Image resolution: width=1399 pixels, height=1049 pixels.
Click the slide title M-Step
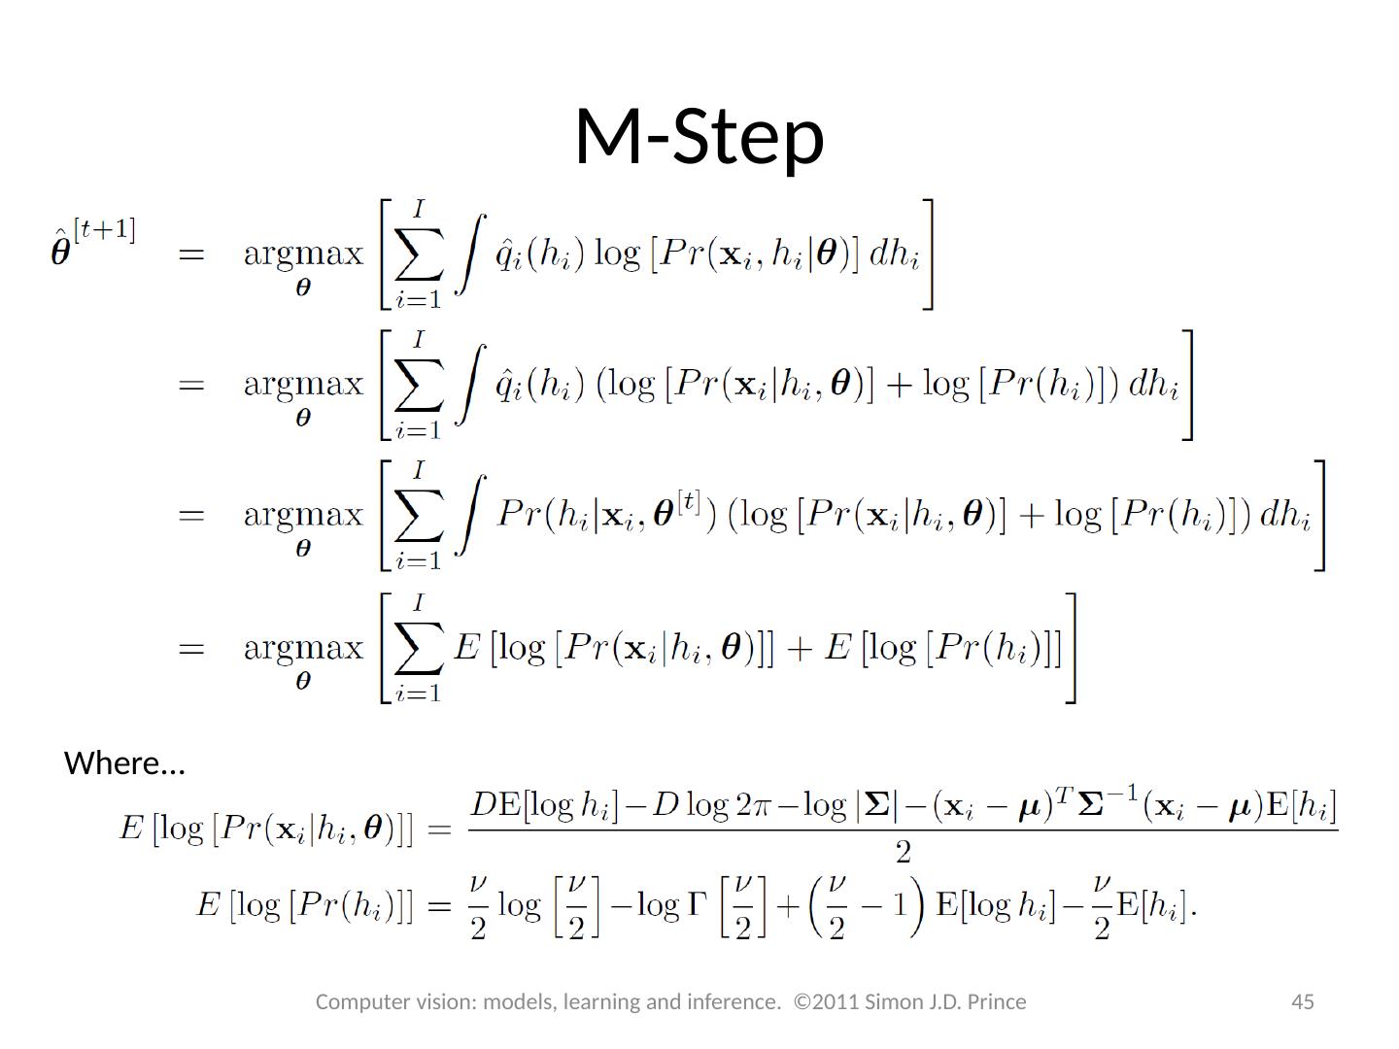pyautogui.click(x=699, y=136)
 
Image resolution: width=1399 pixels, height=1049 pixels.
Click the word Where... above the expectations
pyautogui.click(x=124, y=763)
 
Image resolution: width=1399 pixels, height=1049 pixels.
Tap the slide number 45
pyautogui.click(x=1302, y=1001)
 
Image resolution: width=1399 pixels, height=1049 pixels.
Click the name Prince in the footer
pyautogui.click(x=998, y=1001)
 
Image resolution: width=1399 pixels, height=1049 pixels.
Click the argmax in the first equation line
pyautogui.click(x=303, y=255)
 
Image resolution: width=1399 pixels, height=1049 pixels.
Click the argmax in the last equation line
pyautogui.click(x=303, y=648)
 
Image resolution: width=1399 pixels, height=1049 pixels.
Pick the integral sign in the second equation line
pyautogui.click(x=468, y=386)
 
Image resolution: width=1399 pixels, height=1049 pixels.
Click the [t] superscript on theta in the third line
pyautogui.click(x=689, y=502)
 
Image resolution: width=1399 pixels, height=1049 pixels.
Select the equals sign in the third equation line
pyautogui.click(x=191, y=516)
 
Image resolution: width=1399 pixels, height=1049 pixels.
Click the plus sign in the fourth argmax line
pyautogui.click(x=801, y=648)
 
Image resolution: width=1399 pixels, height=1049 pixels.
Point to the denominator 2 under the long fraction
pyautogui.click(x=903, y=853)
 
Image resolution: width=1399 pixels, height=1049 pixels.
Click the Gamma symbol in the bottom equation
pyautogui.click(x=697, y=905)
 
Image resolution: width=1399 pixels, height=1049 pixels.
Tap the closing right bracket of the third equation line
pyautogui.click(x=1319, y=516)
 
